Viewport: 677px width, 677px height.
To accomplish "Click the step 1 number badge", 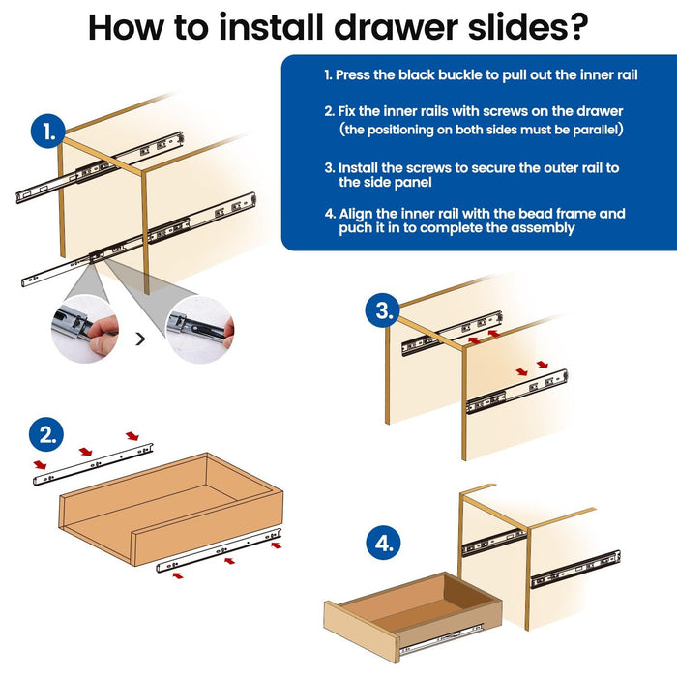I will coord(48,132).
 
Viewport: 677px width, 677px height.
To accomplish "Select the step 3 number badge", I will coord(384,311).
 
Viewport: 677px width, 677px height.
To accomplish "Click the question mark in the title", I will coord(574,27).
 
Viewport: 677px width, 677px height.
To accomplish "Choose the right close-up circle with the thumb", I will coord(199,329).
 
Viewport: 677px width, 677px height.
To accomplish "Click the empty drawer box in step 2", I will coord(171,508).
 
